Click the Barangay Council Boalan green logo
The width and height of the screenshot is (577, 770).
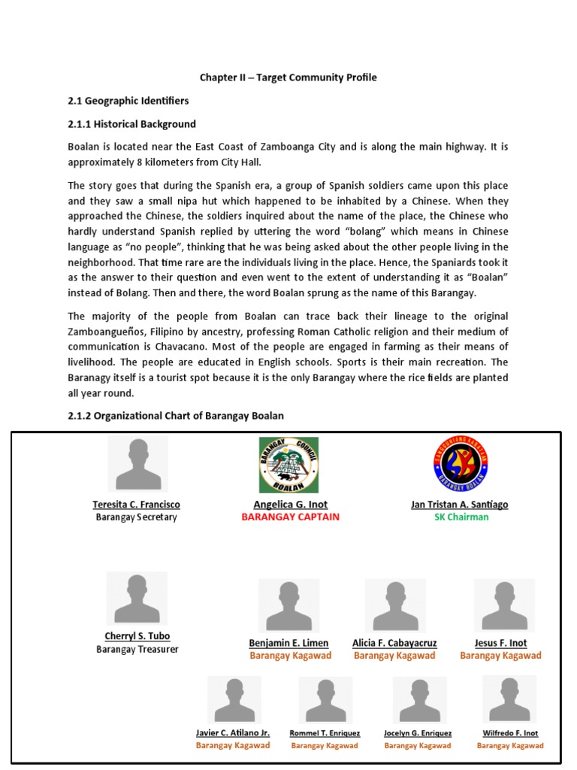point(289,465)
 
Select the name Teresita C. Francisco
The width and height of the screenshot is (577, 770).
point(136,505)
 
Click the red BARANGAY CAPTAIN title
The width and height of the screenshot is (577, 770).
point(290,517)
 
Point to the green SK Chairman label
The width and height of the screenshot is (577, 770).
point(461,517)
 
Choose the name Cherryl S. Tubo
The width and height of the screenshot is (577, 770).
point(137,636)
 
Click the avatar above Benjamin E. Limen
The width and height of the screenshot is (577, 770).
point(289,606)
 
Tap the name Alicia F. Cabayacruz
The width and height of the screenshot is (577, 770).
point(394,643)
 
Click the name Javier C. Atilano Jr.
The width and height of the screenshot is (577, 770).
point(233,732)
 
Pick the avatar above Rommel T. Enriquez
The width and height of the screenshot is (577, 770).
point(325,700)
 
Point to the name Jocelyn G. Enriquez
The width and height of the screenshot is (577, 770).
point(418,733)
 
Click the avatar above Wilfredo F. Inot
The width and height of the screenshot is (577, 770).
point(509,699)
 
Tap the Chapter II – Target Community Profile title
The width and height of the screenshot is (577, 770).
point(288,77)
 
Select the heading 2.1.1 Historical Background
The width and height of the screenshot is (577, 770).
point(131,124)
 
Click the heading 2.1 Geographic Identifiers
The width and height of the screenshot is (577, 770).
point(128,101)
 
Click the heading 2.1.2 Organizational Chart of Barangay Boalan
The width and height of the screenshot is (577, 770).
point(176,416)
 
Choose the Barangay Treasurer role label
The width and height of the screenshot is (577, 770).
point(137,650)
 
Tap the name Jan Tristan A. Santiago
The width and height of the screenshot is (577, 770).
point(459,505)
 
